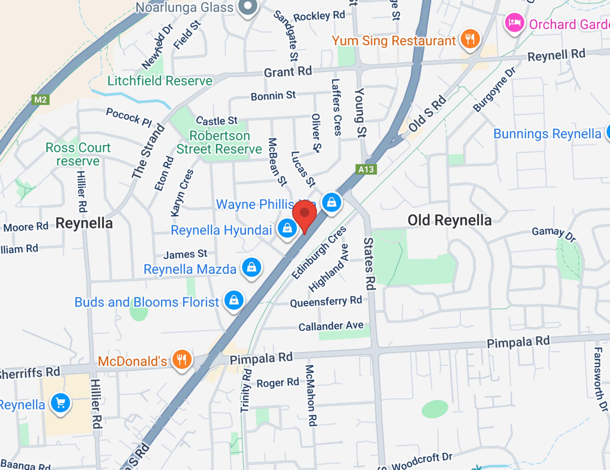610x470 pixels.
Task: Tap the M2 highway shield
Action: click(x=41, y=100)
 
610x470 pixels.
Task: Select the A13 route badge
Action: click(x=366, y=169)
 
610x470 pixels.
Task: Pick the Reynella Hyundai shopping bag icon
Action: click(x=287, y=228)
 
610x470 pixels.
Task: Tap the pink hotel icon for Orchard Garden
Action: click(x=514, y=22)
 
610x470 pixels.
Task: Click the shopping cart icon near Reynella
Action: click(x=60, y=403)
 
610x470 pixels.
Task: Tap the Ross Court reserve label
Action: click(x=78, y=154)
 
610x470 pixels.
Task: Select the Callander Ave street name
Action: click(x=331, y=326)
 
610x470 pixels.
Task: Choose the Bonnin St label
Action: click(x=273, y=96)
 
